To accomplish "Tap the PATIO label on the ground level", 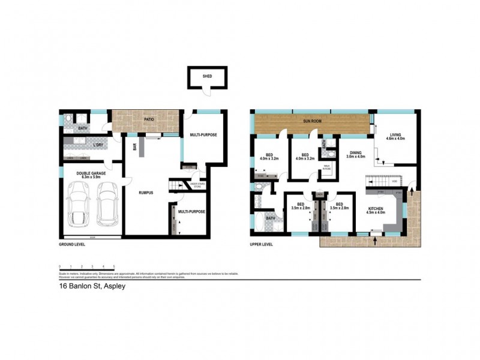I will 149,119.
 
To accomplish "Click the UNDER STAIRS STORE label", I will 197,185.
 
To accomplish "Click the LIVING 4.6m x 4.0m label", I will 396,137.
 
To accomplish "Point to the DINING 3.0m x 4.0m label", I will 356,155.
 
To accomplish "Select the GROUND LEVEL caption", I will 72,244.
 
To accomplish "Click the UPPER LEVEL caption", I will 262,244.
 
